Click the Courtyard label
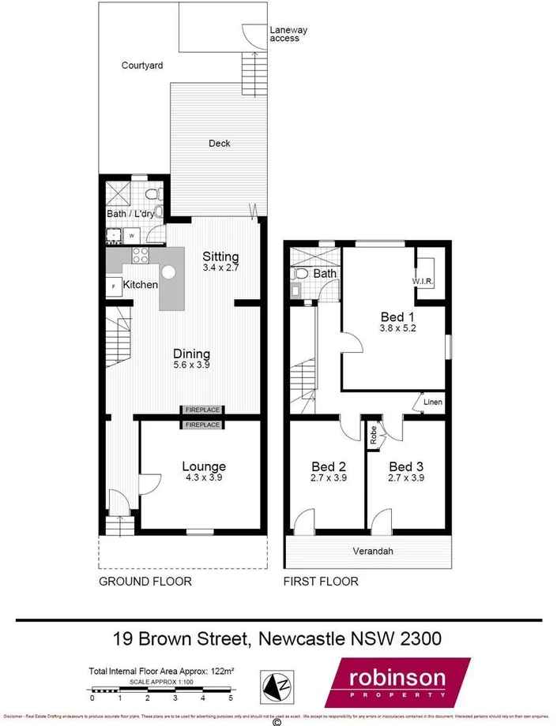click(142, 65)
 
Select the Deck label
click(219, 143)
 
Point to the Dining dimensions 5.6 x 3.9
click(192, 365)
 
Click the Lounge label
click(203, 466)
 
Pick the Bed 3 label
click(406, 466)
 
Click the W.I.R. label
click(423, 281)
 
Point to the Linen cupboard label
click(433, 402)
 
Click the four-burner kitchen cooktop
click(141, 255)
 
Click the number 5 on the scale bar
click(231, 698)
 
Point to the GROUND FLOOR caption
click(145, 582)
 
